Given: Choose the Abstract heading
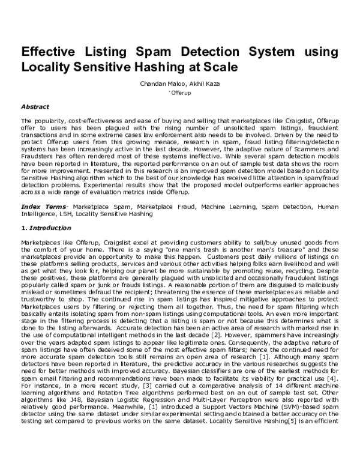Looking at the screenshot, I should click(x=35, y=106).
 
